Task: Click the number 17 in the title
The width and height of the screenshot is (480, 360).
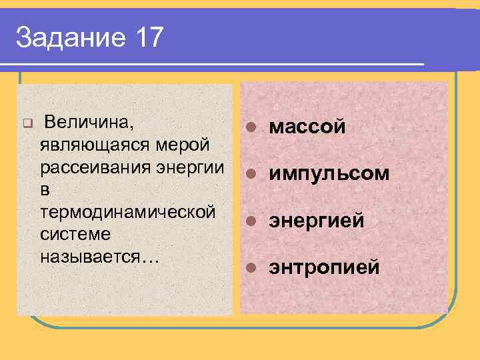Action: pyautogui.click(x=147, y=38)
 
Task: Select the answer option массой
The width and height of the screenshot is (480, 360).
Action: pyautogui.click(x=307, y=127)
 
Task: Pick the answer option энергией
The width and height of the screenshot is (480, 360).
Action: pyautogui.click(x=317, y=221)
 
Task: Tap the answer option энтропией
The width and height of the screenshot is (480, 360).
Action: pyautogui.click(x=324, y=267)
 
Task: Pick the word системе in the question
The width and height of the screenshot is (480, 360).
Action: pyautogui.click(x=75, y=235)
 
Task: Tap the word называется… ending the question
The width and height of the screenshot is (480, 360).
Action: pyautogui.click(x=99, y=257)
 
